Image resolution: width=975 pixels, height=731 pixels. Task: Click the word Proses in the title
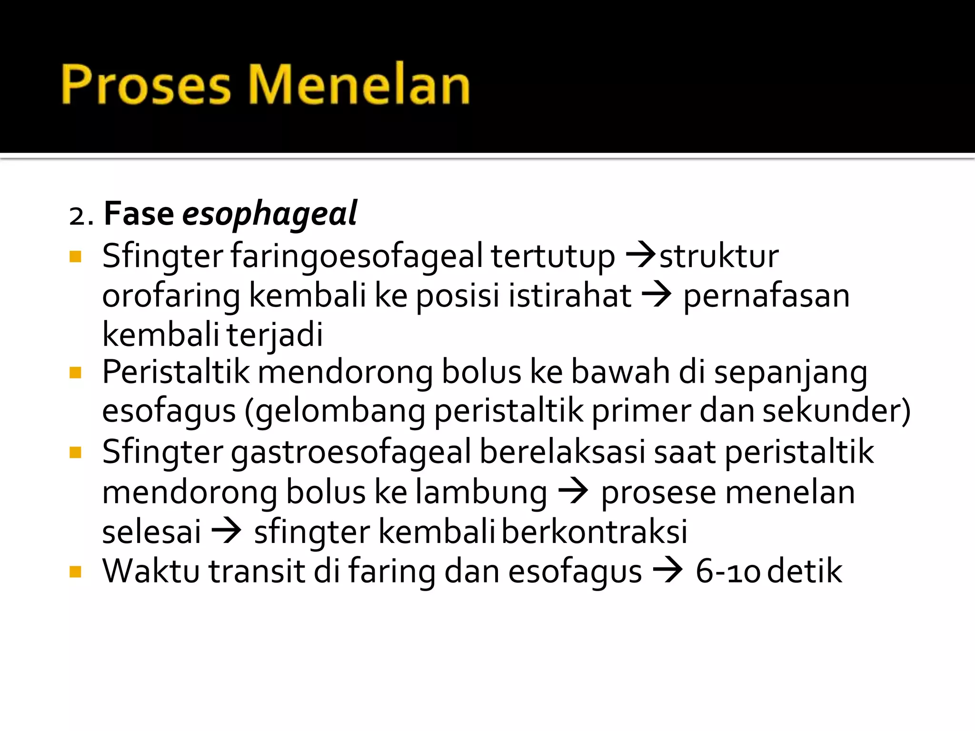click(145, 85)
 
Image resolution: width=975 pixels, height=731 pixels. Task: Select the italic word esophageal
click(269, 214)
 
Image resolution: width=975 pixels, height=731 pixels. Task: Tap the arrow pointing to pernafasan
click(657, 296)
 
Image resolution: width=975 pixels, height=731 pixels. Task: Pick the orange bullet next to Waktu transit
click(75, 571)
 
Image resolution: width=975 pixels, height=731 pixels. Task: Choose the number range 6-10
click(727, 571)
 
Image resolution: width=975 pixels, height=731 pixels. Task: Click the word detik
click(805, 571)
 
